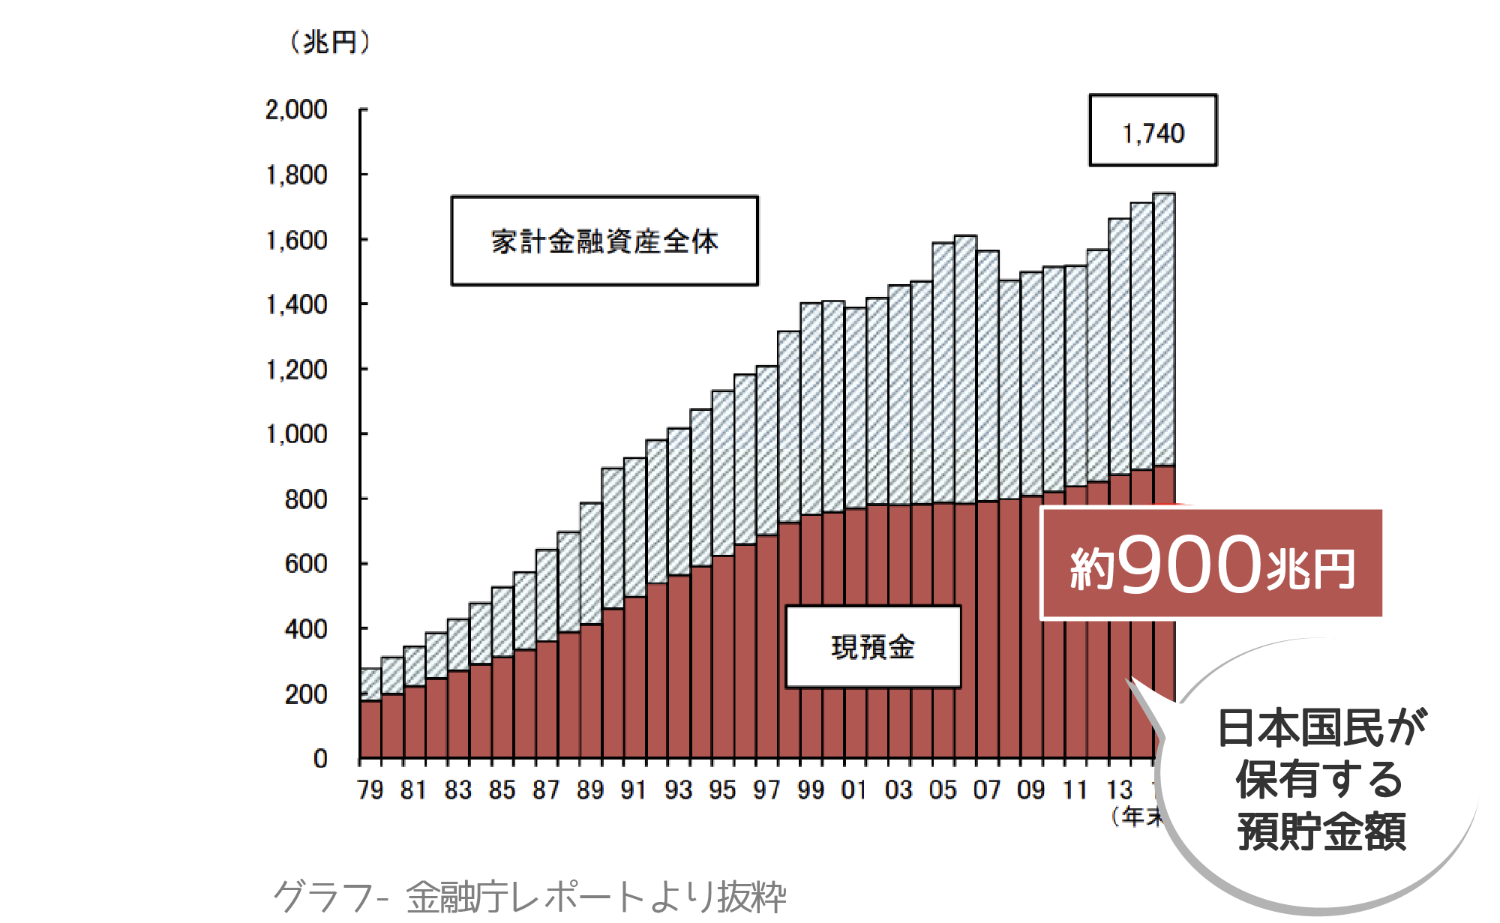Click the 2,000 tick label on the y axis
[296, 110]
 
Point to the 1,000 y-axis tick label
[296, 434]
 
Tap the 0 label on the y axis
[320, 759]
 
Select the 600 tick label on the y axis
[306, 564]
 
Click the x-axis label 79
[370, 790]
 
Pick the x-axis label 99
[811, 790]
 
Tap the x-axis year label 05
[943, 790]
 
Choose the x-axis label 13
[1119, 790]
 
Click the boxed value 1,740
[1153, 133]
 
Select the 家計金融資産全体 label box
[604, 241]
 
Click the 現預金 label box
[873, 646]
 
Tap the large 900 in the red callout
[1189, 564]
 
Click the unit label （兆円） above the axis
[330, 42]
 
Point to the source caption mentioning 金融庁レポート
[529, 896]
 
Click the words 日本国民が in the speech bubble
[1321, 727]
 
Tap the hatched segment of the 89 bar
[591, 562]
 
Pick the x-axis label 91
[634, 790]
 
